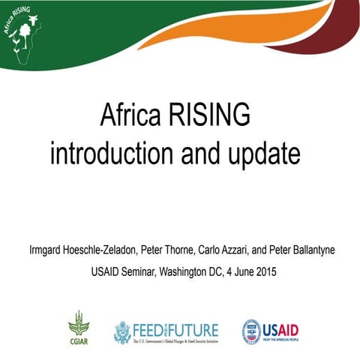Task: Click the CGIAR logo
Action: (79, 327)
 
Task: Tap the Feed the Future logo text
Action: (177, 328)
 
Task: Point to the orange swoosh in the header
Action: (247, 26)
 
